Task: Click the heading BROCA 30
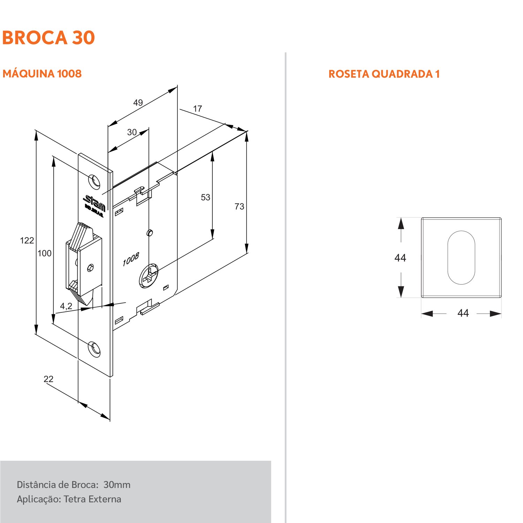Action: (48, 38)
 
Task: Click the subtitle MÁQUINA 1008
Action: (42, 74)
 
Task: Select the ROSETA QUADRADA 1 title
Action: (384, 74)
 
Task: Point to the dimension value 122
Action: (27, 241)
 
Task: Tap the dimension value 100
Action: (44, 253)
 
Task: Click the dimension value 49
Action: (138, 103)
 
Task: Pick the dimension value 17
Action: (197, 109)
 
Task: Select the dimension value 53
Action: (205, 197)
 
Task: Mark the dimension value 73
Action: (239, 207)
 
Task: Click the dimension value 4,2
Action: (66, 306)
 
